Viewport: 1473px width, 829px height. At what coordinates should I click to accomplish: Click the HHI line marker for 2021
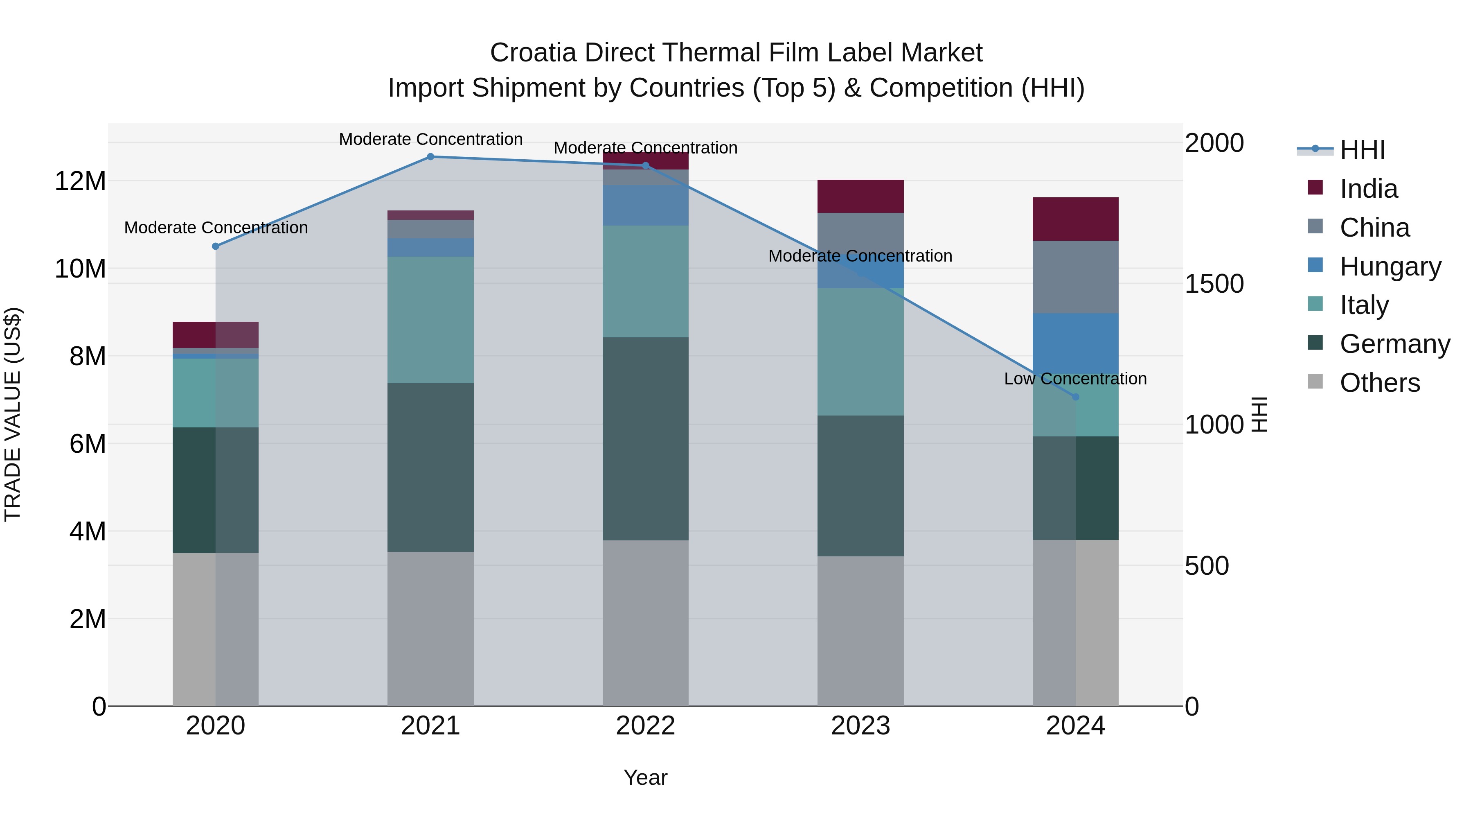pos(430,157)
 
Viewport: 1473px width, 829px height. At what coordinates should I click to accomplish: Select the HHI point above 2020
pos(216,246)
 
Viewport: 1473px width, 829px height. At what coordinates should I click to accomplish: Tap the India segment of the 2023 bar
pos(860,196)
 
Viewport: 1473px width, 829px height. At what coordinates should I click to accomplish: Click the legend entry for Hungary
pos(1390,267)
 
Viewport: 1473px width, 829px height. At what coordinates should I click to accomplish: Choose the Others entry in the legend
pos(1379,383)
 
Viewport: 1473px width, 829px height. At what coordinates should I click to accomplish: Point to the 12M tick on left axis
pos(80,181)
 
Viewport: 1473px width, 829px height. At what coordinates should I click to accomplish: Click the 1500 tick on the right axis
pos(1214,284)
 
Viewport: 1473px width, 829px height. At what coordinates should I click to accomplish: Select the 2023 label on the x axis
pos(860,726)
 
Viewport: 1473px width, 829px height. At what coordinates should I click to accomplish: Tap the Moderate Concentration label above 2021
pos(430,139)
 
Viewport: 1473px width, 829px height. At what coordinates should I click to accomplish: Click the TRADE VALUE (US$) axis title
pos(13,414)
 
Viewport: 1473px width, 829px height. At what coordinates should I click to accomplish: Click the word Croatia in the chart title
pos(532,53)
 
